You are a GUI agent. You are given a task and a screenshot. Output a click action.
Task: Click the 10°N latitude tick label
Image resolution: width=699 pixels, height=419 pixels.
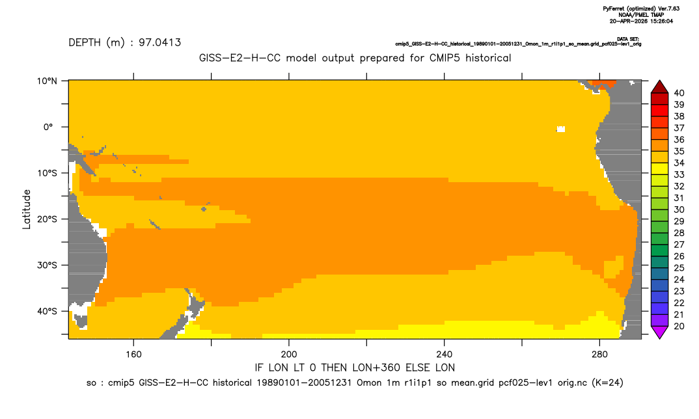(x=47, y=81)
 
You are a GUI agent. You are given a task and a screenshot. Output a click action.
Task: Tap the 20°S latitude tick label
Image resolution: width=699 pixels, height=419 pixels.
(x=47, y=219)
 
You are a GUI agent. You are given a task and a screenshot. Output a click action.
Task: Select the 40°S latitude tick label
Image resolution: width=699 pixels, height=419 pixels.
(x=47, y=311)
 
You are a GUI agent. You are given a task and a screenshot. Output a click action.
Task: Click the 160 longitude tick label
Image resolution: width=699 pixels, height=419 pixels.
(x=133, y=355)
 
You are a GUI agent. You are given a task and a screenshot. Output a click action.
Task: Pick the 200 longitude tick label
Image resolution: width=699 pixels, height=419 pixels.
(x=289, y=355)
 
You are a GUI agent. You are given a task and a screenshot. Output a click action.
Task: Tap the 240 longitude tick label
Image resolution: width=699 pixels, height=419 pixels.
(x=445, y=355)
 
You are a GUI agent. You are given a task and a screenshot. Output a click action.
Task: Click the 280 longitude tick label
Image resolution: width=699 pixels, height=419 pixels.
(x=599, y=355)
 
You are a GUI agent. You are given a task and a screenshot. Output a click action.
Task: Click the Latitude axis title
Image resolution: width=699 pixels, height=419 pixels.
(x=27, y=209)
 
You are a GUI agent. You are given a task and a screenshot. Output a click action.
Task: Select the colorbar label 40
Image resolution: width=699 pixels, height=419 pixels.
(x=679, y=93)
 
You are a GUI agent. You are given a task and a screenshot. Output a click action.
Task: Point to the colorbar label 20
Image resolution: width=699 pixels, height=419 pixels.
(x=679, y=326)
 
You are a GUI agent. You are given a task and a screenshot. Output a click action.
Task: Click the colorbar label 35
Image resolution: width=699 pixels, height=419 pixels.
(x=679, y=152)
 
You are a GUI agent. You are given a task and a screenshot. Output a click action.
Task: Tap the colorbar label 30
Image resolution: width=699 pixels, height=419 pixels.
(x=679, y=209)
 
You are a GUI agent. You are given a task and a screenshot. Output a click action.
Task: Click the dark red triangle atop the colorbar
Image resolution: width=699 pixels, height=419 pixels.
(x=660, y=88)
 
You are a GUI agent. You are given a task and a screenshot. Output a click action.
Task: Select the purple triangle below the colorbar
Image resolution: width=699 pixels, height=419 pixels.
(x=660, y=331)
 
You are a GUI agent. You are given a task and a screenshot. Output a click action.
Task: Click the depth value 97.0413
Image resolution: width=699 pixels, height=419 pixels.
(x=159, y=43)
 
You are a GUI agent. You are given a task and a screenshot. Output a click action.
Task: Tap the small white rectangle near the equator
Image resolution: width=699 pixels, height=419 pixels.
(x=561, y=129)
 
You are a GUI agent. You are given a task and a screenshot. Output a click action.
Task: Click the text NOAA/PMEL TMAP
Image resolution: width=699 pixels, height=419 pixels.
(x=642, y=15)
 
